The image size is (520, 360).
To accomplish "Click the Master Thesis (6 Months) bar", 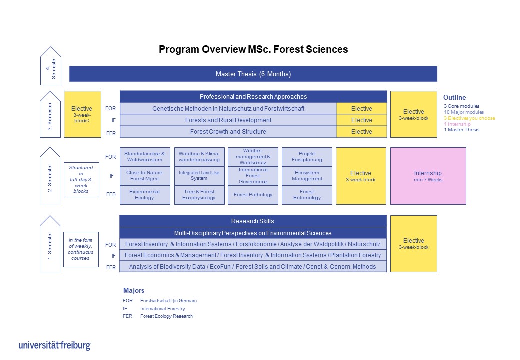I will [253, 74].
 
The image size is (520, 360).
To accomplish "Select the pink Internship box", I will [428, 176].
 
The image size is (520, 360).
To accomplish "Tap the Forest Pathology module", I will [253, 195].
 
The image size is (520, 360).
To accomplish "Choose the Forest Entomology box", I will [307, 195].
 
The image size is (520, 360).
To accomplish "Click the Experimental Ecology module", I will [144, 195].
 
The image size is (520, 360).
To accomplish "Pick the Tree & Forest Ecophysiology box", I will [199, 195].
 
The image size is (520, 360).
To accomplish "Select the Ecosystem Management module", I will [307, 175].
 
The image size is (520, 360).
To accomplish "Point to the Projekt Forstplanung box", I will [307, 157].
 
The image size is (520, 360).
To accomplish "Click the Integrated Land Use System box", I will [199, 175].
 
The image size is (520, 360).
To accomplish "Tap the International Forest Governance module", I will [253, 176].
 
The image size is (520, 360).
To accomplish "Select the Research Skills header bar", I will [253, 221].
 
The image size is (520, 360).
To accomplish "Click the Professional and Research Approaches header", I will [253, 97].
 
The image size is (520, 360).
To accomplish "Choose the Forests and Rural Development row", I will [228, 120].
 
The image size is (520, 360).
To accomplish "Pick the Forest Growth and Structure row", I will [228, 132].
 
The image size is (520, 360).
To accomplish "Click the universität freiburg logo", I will [54, 345].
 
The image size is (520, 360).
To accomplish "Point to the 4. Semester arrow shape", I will [50, 66].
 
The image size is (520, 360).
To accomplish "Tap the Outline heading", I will [454, 98].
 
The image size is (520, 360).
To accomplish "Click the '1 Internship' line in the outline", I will [457, 124].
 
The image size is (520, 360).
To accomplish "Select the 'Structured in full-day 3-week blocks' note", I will [81, 179].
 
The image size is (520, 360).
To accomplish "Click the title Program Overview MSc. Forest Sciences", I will [253, 50].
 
